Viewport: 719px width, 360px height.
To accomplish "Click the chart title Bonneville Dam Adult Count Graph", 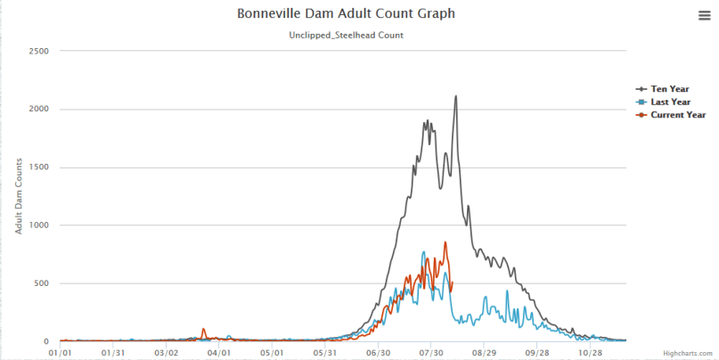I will (x=345, y=14).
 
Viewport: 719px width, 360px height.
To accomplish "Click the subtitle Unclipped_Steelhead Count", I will (x=346, y=36).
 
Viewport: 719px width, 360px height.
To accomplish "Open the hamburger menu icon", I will (x=704, y=15).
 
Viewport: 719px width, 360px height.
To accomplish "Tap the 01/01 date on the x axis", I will (x=61, y=352).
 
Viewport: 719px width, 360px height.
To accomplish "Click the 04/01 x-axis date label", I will (x=219, y=352).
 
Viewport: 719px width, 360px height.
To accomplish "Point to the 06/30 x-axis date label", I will (x=379, y=352).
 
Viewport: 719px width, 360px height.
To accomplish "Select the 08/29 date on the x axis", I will (x=484, y=352).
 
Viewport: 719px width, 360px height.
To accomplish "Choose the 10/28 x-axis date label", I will (x=590, y=352).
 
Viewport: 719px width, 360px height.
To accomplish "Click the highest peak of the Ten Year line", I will (x=456, y=96).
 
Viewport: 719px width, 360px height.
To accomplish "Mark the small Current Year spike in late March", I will (x=204, y=329).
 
